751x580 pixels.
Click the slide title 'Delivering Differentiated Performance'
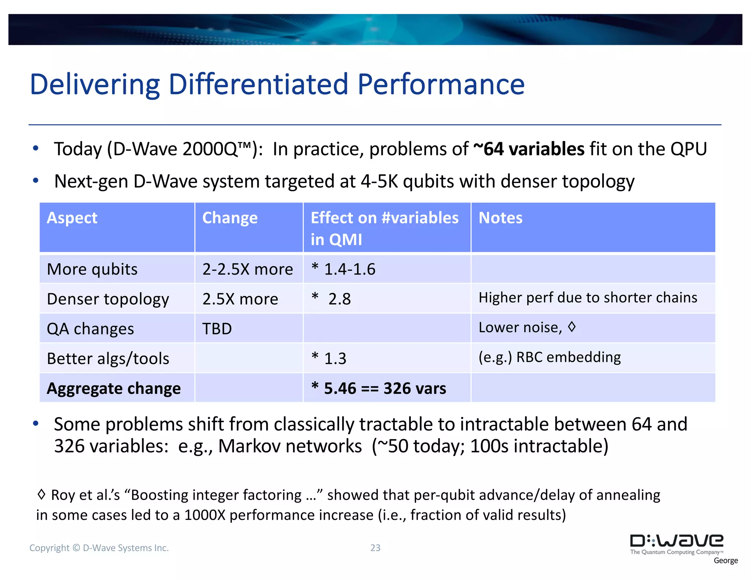click(x=277, y=84)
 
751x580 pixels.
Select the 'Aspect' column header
click(x=72, y=218)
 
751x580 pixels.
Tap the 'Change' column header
click(x=230, y=218)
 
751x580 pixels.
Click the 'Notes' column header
click(x=500, y=218)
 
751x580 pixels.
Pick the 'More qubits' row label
click(x=92, y=269)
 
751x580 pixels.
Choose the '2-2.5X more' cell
click(x=248, y=269)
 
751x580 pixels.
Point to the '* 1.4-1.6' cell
click(x=343, y=269)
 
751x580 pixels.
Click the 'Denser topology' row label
click(x=108, y=299)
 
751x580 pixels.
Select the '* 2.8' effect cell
click(x=331, y=299)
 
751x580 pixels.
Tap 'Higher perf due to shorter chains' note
click(x=588, y=298)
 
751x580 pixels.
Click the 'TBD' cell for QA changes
click(x=217, y=329)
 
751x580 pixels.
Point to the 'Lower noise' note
click(x=520, y=327)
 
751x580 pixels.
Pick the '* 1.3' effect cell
click(x=329, y=359)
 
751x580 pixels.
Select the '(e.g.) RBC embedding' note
click(x=550, y=357)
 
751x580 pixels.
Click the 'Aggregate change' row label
click(x=114, y=388)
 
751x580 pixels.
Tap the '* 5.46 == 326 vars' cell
click(x=378, y=388)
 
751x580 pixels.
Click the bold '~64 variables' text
click(x=529, y=149)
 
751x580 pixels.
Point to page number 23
click(x=375, y=548)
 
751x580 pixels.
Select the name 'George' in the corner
click(x=726, y=561)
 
